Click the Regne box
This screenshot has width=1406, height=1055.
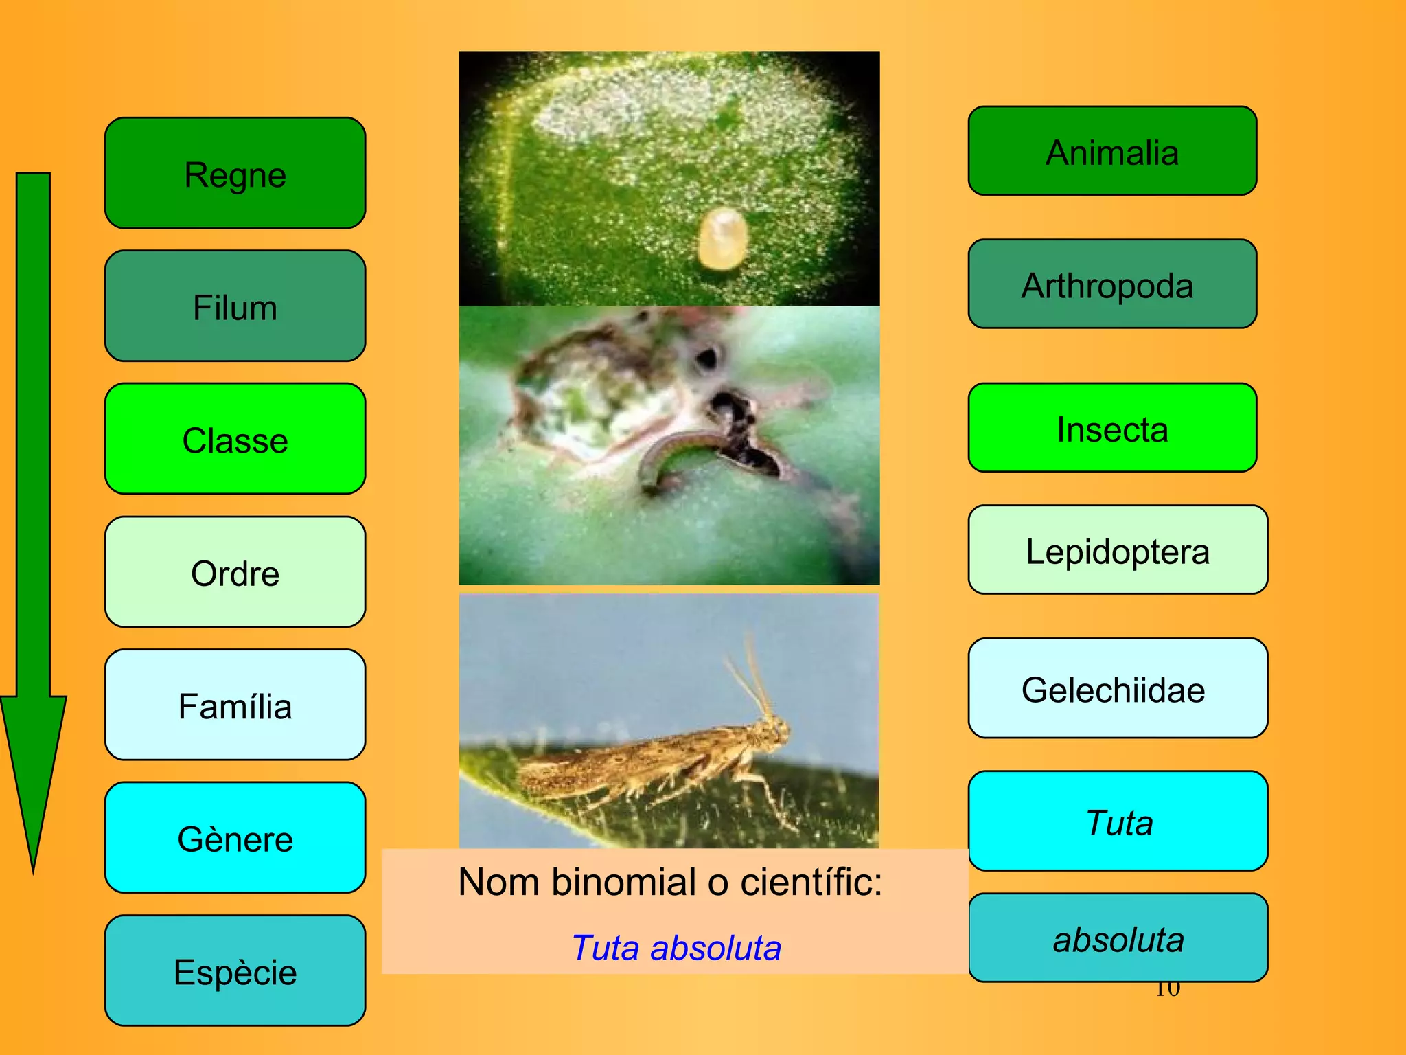point(235,173)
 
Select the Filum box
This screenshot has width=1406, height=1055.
point(235,306)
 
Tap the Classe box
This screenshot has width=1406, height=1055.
point(235,439)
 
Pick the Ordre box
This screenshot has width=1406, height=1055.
point(235,572)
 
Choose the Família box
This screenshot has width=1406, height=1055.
point(235,705)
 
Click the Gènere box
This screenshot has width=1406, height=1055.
point(235,838)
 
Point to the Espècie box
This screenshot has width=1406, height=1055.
point(235,971)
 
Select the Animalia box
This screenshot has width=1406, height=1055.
point(1112,151)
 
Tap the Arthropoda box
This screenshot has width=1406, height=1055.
point(1112,284)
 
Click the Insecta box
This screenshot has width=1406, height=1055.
point(1112,428)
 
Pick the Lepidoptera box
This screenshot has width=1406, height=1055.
point(1118,550)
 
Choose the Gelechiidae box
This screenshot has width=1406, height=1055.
point(1118,689)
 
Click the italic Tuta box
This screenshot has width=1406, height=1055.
point(1118,821)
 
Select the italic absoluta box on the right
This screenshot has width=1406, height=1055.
point(1118,938)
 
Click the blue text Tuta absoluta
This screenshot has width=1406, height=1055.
point(676,948)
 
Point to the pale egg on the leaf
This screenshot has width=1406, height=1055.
point(722,238)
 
